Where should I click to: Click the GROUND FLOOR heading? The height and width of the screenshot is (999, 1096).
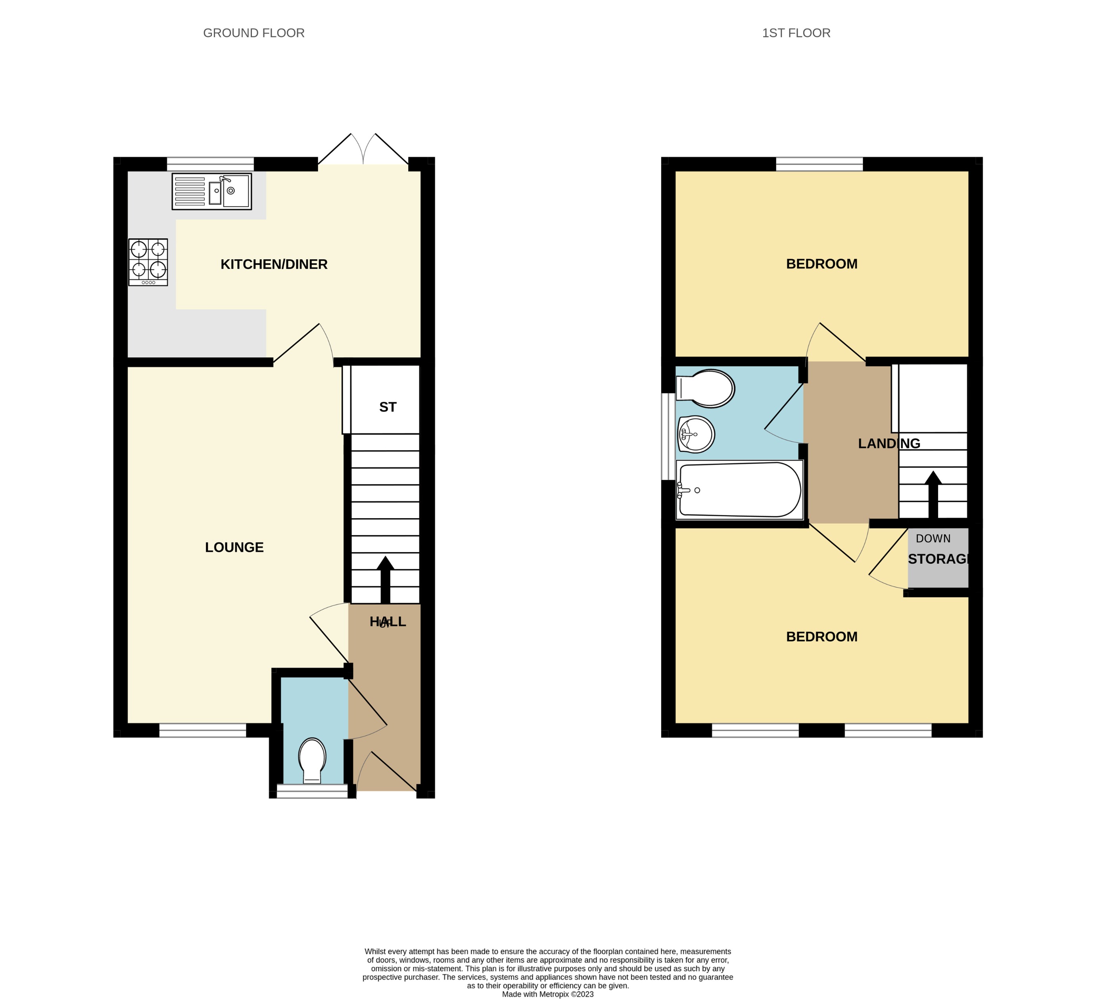pos(253,33)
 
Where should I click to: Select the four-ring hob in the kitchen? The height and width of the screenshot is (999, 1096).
pos(148,262)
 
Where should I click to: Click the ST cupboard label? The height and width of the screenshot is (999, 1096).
pos(388,407)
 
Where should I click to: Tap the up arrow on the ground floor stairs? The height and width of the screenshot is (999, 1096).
pos(386,578)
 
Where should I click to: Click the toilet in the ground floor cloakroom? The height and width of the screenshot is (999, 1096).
pos(312,760)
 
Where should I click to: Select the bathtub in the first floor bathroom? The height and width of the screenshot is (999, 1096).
pos(739,490)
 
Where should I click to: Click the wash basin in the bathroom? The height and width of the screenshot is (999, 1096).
pos(696,434)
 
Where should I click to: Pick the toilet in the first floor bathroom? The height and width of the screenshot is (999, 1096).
pos(706,388)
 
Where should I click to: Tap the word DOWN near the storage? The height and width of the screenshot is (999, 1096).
pos(933,538)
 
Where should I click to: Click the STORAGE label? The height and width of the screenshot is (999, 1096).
pos(939,559)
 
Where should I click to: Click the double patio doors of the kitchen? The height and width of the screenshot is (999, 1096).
pos(363,150)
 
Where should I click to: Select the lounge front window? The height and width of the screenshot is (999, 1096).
pos(202,730)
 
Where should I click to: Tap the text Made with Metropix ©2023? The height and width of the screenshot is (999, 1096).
pos(547,994)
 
